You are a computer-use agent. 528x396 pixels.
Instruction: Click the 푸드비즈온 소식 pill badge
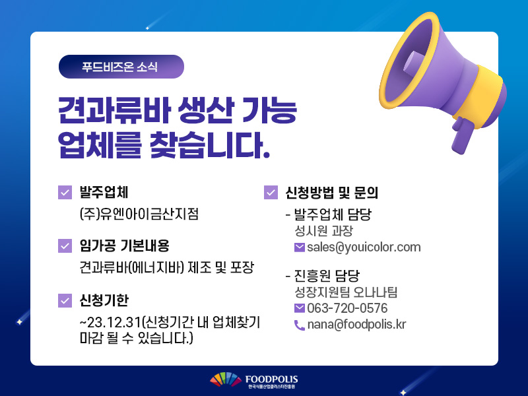[121, 67]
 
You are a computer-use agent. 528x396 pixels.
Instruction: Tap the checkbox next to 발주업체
[65, 192]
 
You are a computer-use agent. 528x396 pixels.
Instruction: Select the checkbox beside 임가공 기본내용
[65, 246]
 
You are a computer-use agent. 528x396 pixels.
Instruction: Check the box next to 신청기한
[65, 301]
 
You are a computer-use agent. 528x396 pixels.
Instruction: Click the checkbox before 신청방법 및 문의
[271, 192]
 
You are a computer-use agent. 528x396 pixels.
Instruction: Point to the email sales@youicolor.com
[364, 247]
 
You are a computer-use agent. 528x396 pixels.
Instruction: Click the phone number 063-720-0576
[347, 308]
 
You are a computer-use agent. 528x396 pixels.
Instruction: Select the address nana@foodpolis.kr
[356, 324]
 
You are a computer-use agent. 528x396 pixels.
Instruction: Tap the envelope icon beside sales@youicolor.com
[300, 247]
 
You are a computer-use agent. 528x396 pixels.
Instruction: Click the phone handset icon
[300, 325]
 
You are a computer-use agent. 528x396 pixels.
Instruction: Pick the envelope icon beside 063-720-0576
[300, 308]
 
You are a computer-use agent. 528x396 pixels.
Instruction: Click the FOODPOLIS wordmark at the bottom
[271, 379]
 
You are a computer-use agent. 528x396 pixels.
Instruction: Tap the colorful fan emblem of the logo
[226, 379]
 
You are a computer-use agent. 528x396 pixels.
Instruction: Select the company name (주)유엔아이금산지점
[139, 214]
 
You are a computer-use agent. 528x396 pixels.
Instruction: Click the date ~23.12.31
[110, 322]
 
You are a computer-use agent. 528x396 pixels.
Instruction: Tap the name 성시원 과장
[323, 230]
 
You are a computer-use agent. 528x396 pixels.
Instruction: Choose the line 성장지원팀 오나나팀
[346, 292]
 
